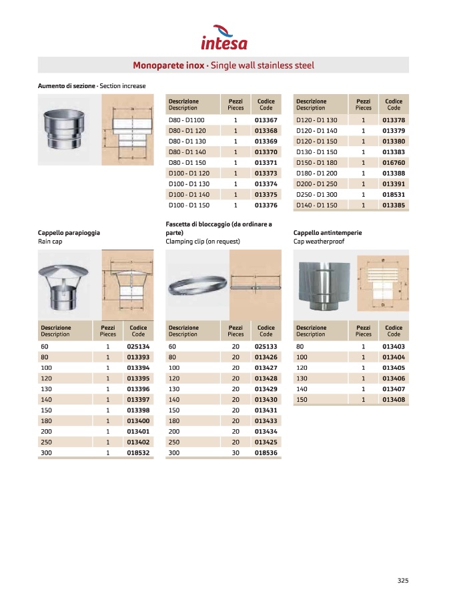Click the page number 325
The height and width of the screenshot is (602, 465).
click(402, 580)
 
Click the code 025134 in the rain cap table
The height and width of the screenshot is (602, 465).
click(138, 346)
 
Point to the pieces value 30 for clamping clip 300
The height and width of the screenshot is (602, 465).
click(235, 453)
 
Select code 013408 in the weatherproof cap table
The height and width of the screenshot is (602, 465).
click(394, 399)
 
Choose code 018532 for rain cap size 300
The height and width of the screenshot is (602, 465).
click(138, 453)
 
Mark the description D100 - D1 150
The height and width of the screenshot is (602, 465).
click(189, 206)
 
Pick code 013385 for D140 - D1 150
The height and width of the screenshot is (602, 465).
click(394, 206)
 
